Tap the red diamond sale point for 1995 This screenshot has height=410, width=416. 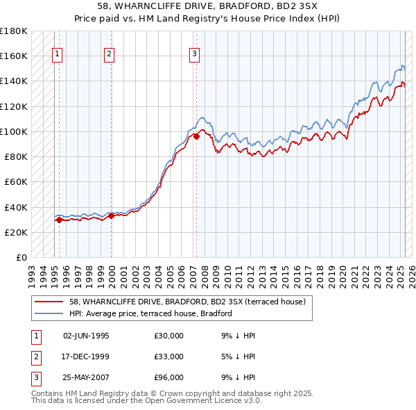click(59, 220)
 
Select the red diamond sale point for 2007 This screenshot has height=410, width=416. click(196, 136)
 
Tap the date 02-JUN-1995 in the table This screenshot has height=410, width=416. click(86, 336)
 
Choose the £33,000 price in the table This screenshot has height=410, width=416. click(168, 357)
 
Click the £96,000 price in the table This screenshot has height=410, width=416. click(168, 379)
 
